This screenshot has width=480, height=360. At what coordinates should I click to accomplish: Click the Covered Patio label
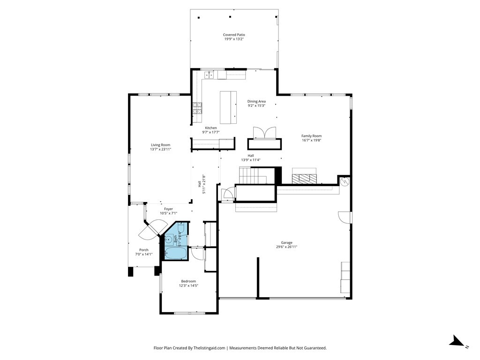click(234, 35)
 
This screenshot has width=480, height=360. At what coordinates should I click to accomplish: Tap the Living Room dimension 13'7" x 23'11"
click(160, 150)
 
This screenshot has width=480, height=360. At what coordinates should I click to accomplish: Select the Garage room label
click(286, 243)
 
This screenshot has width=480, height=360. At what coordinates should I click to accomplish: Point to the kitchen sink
click(209, 75)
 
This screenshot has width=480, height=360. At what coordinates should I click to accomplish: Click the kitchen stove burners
click(197, 108)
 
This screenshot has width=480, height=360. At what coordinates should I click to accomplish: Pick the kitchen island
click(228, 107)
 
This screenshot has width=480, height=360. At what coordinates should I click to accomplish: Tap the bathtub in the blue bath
click(176, 253)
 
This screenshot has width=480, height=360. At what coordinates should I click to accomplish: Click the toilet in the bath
click(181, 228)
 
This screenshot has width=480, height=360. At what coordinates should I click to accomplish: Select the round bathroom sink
click(168, 239)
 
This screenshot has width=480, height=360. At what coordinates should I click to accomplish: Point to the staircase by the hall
click(253, 175)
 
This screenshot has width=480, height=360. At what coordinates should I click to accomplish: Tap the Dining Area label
click(256, 101)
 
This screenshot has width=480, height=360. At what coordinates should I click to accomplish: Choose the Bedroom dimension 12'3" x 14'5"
click(188, 285)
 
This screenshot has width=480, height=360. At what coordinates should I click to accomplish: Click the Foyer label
click(168, 209)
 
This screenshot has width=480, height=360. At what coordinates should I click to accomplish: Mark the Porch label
click(144, 250)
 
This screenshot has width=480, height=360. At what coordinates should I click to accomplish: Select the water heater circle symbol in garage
click(345, 181)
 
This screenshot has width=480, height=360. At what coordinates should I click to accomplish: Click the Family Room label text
click(312, 136)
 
